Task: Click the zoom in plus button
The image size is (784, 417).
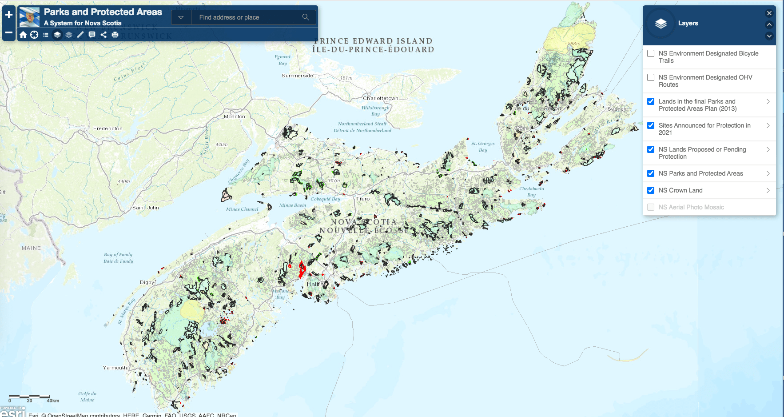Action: point(9,15)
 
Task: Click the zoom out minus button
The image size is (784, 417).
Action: point(9,32)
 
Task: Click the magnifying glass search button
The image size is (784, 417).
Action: point(306,17)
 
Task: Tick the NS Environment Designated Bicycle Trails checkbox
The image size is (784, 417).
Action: point(651,53)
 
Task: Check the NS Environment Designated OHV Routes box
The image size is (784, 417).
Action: point(651,77)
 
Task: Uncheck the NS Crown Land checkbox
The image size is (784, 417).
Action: point(651,190)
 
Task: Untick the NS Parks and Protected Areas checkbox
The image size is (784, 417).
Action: point(651,173)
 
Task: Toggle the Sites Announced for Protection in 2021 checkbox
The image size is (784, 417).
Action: point(651,125)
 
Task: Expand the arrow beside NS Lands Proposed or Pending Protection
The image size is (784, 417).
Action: point(768,149)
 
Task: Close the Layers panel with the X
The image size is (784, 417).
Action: point(769,13)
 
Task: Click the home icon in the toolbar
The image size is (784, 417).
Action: point(23,35)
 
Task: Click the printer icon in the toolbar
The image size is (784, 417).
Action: point(115,35)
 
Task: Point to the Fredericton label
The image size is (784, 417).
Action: point(108,128)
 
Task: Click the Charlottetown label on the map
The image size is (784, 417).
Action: point(380,98)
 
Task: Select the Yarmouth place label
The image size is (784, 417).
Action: point(115,368)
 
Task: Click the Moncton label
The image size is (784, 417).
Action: point(235,116)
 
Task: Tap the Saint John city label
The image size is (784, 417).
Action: point(146,208)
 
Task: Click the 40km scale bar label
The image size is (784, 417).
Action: point(53,401)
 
